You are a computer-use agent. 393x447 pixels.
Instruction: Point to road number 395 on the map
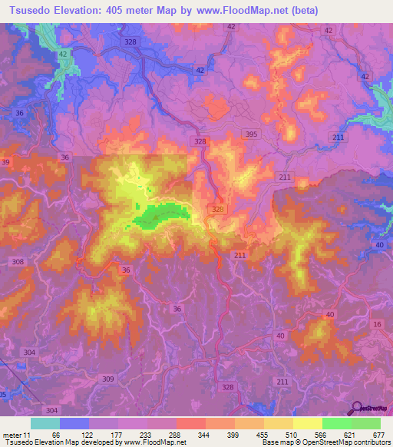click(251, 134)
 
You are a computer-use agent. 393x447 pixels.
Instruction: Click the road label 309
click(108, 379)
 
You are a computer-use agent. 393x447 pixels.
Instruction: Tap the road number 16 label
click(376, 325)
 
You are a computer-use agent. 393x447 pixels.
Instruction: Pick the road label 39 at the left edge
click(5, 162)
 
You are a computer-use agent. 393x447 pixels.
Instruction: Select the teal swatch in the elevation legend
click(45, 423)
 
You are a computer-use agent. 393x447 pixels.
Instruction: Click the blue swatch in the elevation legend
click(74, 423)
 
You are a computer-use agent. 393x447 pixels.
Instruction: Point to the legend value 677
click(377, 435)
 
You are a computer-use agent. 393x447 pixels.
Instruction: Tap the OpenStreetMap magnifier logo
click(355, 408)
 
